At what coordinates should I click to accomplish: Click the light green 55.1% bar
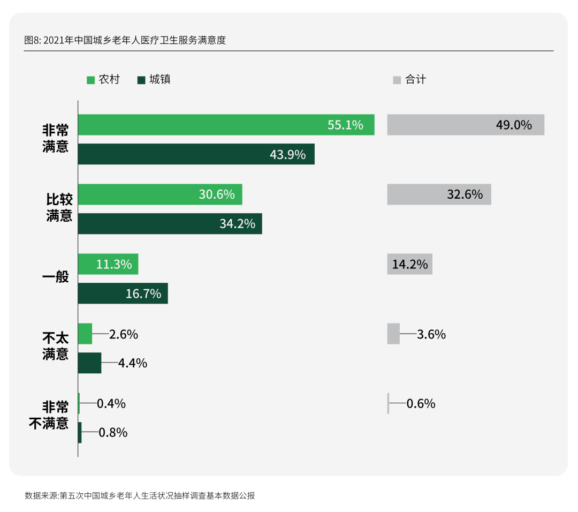226,125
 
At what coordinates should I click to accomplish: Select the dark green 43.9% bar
196,154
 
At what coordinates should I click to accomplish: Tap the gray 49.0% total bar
466,125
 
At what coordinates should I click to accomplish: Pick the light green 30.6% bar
159,194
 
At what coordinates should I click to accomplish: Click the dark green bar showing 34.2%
170,224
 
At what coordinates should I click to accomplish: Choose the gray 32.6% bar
439,194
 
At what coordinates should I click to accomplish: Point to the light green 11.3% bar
108,264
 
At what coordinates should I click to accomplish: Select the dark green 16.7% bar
123,293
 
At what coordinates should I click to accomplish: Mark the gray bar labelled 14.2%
409,264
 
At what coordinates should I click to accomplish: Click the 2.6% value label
124,334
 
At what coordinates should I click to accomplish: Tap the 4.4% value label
133,363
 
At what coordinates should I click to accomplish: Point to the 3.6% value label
431,334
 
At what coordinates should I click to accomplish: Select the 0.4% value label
111,403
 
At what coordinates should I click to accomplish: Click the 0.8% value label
113,433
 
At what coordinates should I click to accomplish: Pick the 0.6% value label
421,403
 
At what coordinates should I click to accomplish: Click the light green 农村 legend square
91,80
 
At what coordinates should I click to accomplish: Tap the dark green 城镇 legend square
141,80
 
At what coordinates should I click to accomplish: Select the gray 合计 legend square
397,80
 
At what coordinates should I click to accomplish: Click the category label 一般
56,277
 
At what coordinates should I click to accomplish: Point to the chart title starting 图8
125,40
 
